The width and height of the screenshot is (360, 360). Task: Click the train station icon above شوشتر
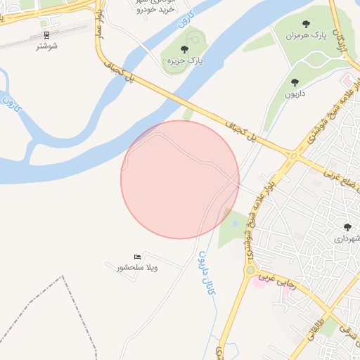[x=46, y=34]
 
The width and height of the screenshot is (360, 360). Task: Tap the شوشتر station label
[x=46, y=45]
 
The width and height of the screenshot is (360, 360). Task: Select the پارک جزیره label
[x=184, y=61]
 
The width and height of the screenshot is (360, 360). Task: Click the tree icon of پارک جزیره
[x=184, y=50]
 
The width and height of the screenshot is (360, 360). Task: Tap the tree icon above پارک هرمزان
[x=307, y=24]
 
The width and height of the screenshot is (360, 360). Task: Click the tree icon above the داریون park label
[x=294, y=83]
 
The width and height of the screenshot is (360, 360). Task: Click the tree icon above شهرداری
[x=347, y=227]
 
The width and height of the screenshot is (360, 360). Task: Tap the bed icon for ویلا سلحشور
[x=136, y=257]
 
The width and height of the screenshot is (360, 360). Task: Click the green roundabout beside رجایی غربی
[x=249, y=269]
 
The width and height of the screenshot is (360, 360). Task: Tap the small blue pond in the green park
[x=234, y=224]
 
